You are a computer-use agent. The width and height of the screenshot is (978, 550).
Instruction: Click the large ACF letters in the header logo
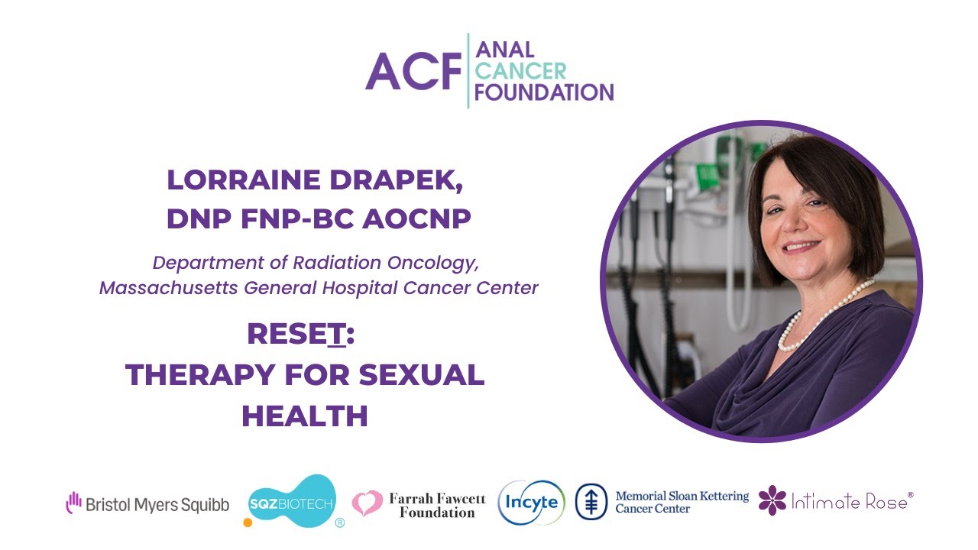tap(414, 72)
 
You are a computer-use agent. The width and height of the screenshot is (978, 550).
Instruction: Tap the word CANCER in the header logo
tap(520, 72)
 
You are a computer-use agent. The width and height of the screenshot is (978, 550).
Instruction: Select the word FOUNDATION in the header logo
tap(544, 92)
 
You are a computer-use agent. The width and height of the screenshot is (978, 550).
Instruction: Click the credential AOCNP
tap(417, 218)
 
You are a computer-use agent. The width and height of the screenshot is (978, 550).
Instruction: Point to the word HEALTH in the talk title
tap(305, 416)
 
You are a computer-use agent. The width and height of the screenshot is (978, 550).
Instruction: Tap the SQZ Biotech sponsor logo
tap(293, 502)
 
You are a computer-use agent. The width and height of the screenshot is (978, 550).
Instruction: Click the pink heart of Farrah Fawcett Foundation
tap(368, 503)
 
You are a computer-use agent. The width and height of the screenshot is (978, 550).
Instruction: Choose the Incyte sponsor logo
tap(532, 503)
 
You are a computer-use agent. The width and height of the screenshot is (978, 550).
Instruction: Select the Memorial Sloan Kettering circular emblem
tap(591, 503)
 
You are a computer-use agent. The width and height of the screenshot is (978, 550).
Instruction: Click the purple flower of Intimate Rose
tap(772, 500)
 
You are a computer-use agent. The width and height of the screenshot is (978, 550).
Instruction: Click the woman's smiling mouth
tap(802, 247)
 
